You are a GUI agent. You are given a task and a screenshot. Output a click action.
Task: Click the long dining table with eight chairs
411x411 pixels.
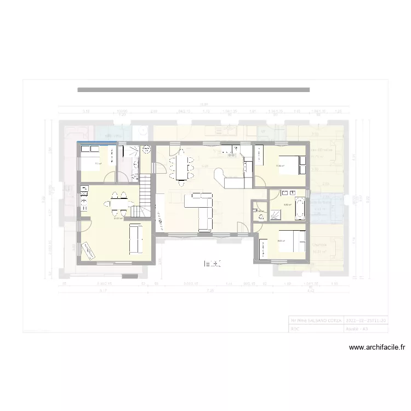coord(181,164)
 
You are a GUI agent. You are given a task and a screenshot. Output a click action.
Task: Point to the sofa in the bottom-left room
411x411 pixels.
coord(134,239)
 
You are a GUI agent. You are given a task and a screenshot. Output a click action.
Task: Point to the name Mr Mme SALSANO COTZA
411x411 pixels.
coord(316,319)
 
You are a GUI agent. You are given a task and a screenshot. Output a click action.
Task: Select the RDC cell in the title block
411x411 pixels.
coord(316,328)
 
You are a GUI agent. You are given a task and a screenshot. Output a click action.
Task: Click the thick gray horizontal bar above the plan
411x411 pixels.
coord(193,89)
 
